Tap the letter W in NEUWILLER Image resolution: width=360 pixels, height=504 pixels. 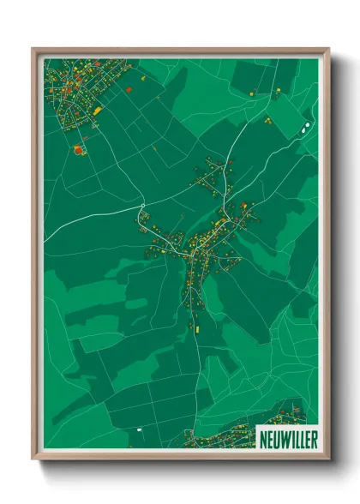pos(284,437)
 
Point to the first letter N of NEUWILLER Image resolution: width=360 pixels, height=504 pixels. pos(263,437)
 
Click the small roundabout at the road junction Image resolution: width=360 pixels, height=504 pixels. pos(142,207)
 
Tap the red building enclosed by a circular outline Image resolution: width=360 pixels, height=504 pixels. pos(80,149)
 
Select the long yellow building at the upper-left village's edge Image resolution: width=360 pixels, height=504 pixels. pos(98,111)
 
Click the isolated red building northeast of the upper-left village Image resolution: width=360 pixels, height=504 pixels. pos(129,88)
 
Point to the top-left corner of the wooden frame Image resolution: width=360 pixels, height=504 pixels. pos(34,50)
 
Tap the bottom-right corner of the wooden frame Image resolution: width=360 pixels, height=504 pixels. pos(327,458)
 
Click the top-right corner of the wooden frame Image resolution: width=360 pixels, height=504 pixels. pos(327,50)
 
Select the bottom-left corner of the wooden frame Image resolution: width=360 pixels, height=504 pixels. pos(34,458)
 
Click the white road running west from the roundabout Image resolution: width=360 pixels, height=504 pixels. pos(94,221)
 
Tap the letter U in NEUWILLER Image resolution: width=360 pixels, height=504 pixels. pos(276,437)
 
